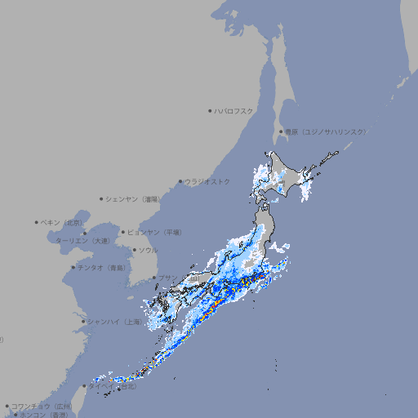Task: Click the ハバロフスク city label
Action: (x=234, y=110)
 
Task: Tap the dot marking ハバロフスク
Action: (x=210, y=110)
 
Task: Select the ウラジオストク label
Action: (x=208, y=181)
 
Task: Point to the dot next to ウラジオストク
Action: (x=181, y=181)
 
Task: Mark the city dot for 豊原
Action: (x=281, y=131)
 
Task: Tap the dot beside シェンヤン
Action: (x=102, y=198)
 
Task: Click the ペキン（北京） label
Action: (x=63, y=222)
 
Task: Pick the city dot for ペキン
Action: (x=37, y=222)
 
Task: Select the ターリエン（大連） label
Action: (x=82, y=241)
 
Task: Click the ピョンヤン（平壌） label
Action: (x=156, y=232)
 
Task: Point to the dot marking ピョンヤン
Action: (x=123, y=232)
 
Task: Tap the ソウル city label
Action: (x=148, y=250)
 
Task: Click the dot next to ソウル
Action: (x=134, y=250)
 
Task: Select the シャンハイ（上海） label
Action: (x=114, y=322)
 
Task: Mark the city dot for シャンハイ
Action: (x=83, y=322)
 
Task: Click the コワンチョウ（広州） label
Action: (x=42, y=406)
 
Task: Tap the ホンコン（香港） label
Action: (x=44, y=415)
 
